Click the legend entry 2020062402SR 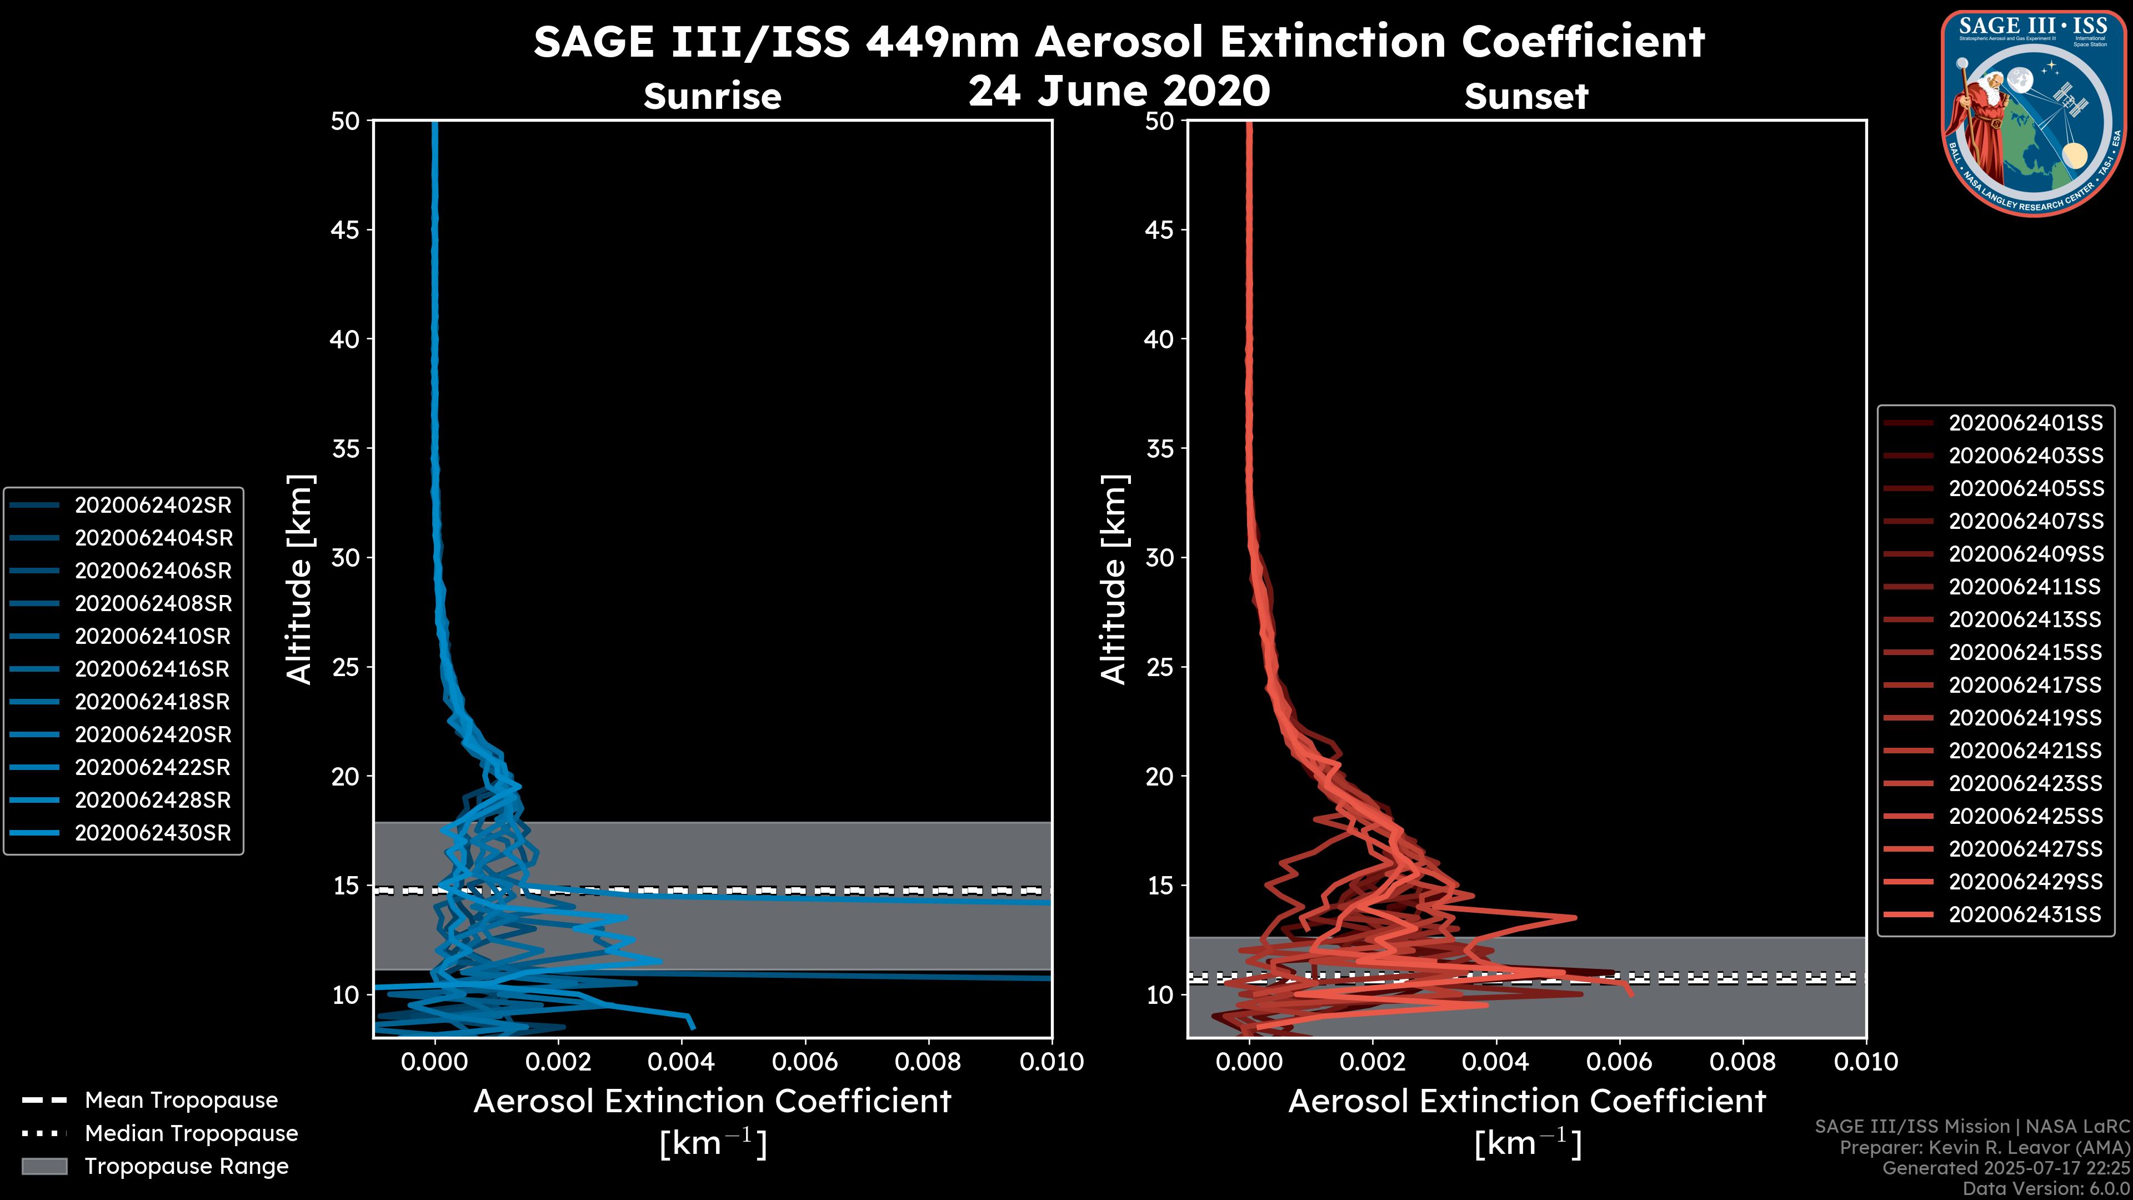point(153,505)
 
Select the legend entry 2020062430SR point(153,833)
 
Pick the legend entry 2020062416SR point(153,669)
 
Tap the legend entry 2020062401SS point(2025,423)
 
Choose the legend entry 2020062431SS point(2025,914)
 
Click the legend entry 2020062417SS point(2025,685)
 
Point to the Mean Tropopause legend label point(181,1101)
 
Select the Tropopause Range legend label point(186,1166)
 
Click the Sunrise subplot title point(712,96)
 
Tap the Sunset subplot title point(1526,96)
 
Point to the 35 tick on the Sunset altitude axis point(1160,449)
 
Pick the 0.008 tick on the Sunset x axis point(1743,1062)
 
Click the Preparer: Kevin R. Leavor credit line point(1985,1148)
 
